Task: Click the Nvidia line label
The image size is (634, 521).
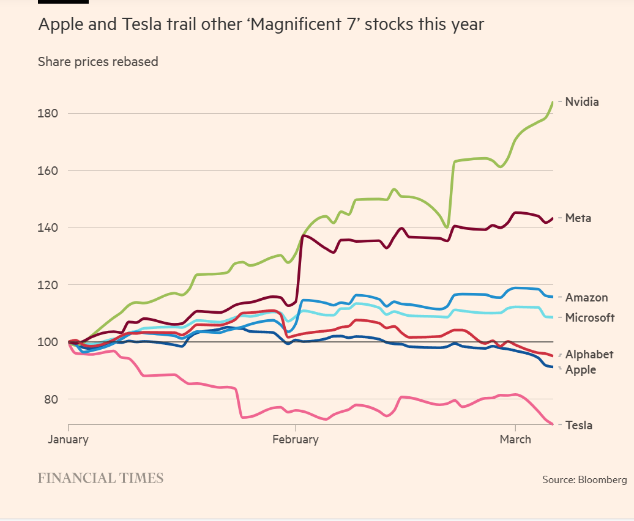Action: (x=581, y=102)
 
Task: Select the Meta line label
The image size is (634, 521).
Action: (x=578, y=218)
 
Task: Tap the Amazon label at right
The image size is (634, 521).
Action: (x=586, y=298)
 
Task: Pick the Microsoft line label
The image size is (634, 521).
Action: (x=589, y=317)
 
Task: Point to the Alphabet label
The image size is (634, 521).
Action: (x=589, y=355)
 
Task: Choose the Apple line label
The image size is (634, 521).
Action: (x=580, y=370)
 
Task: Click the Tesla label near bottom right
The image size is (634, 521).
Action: (x=578, y=426)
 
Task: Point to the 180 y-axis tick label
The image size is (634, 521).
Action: (x=47, y=114)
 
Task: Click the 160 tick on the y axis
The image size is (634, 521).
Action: (x=47, y=171)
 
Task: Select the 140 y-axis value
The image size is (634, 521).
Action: (x=47, y=228)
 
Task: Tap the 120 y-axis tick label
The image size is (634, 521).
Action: (x=47, y=285)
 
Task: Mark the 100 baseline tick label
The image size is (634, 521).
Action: (x=47, y=342)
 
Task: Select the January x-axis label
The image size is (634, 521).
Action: (x=68, y=439)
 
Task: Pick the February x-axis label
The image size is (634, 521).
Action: (x=296, y=439)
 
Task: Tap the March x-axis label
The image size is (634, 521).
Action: (x=515, y=439)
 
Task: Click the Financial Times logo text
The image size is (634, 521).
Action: (x=100, y=478)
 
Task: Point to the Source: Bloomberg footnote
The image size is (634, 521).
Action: (x=584, y=479)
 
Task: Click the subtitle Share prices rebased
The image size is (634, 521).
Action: (x=98, y=62)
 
